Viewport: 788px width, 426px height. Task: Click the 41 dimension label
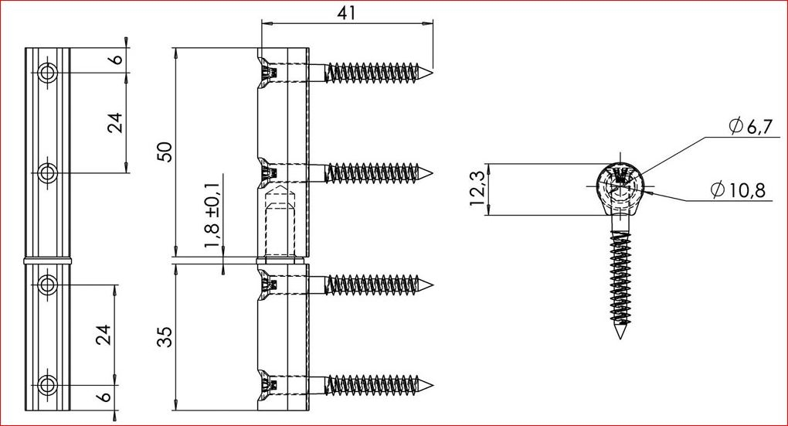347,12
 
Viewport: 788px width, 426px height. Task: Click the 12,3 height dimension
477,189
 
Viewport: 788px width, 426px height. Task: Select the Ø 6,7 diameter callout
750,126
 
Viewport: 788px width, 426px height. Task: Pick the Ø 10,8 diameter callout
738,190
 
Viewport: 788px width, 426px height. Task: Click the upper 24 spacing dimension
116,122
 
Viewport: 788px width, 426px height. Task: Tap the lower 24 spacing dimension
104,335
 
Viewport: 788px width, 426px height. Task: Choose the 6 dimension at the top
116,60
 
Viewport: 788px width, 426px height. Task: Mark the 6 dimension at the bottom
104,397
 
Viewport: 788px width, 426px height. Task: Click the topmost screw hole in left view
47,73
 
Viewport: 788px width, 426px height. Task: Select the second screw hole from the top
47,173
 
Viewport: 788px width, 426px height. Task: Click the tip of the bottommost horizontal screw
432,386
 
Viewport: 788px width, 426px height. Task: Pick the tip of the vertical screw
621,337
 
